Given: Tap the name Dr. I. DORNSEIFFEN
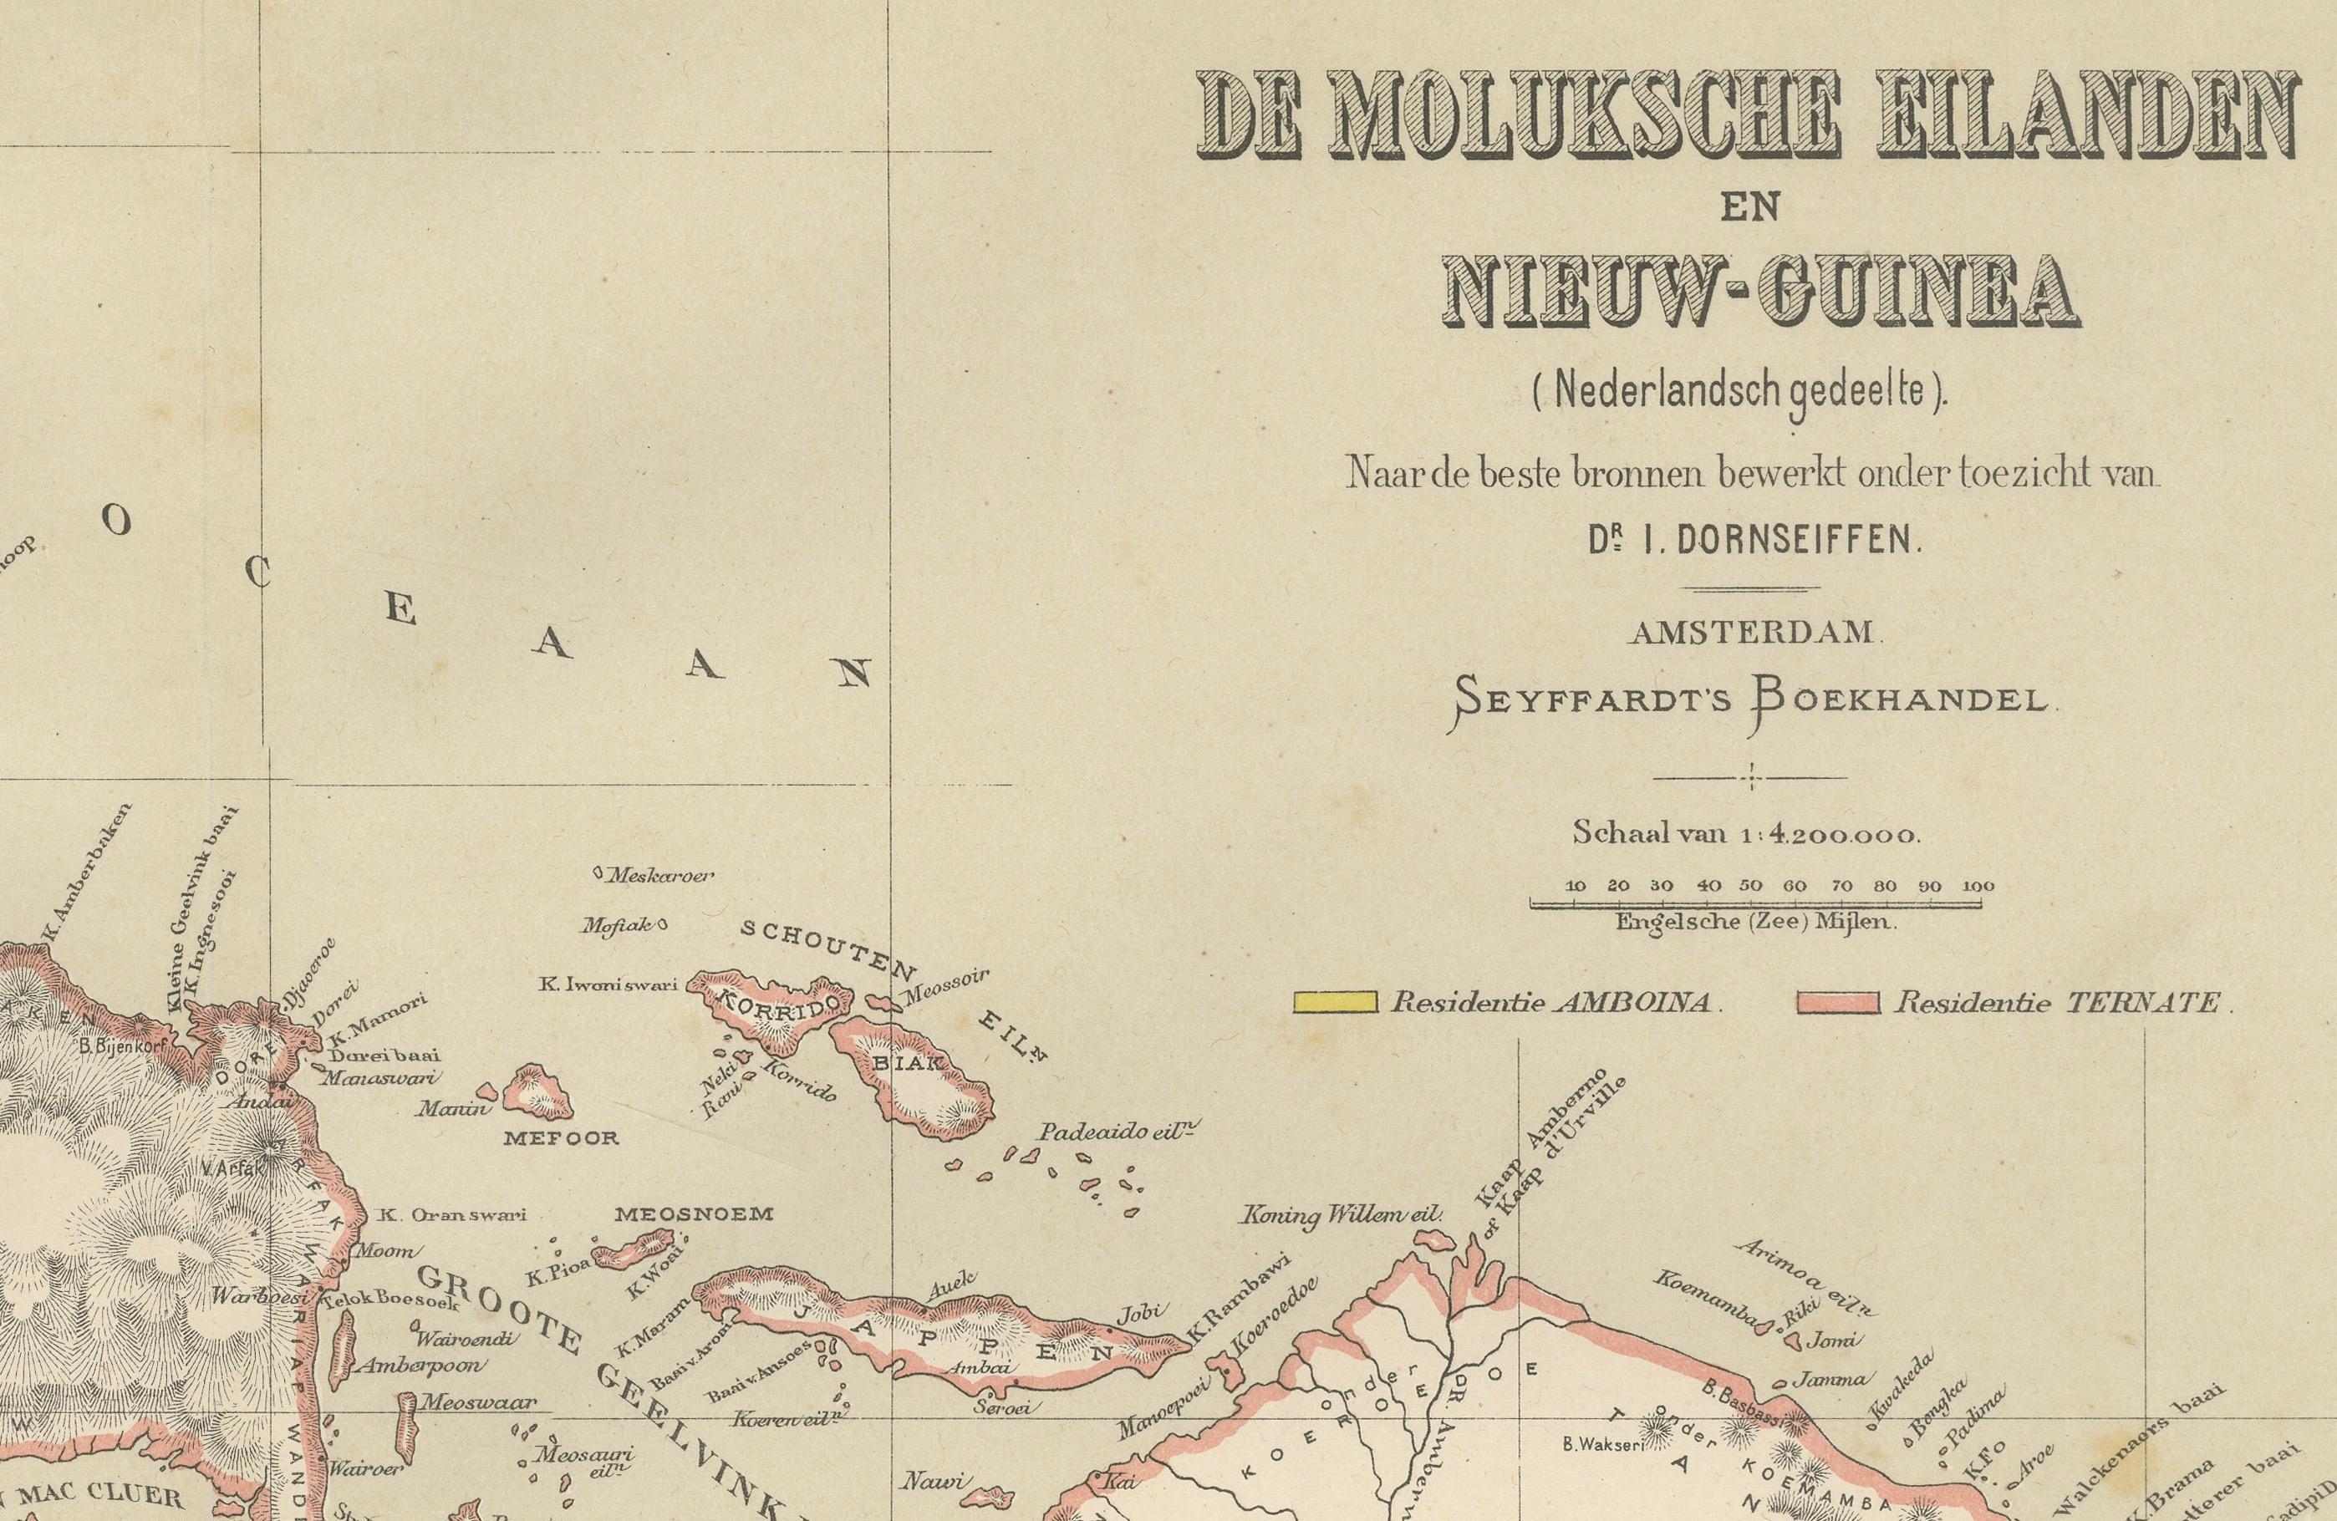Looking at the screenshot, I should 1753,541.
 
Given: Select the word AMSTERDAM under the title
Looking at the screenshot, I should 1753,633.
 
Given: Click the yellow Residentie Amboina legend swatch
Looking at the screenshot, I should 1335,1003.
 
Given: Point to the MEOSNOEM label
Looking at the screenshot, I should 693,1214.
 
